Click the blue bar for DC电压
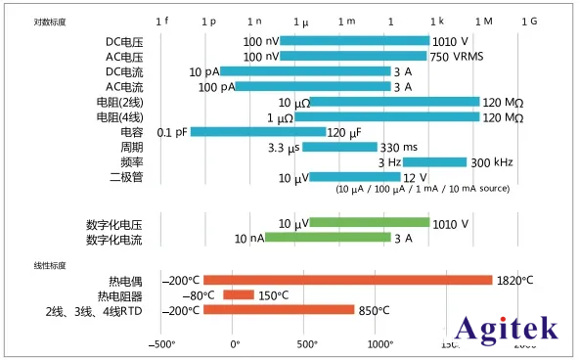(354, 41)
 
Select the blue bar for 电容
(257, 132)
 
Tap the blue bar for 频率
(434, 162)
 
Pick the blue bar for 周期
(339, 147)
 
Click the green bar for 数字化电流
(328, 238)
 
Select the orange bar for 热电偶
(347, 280)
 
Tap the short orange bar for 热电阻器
(239, 295)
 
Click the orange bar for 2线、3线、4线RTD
(279, 310)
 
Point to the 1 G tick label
(528, 21)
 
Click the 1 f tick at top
(162, 21)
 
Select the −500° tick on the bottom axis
(161, 344)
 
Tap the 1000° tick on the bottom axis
(379, 344)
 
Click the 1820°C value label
(515, 281)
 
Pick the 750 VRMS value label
(457, 57)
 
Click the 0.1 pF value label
(171, 132)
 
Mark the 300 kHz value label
(493, 162)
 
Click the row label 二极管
(128, 177)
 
